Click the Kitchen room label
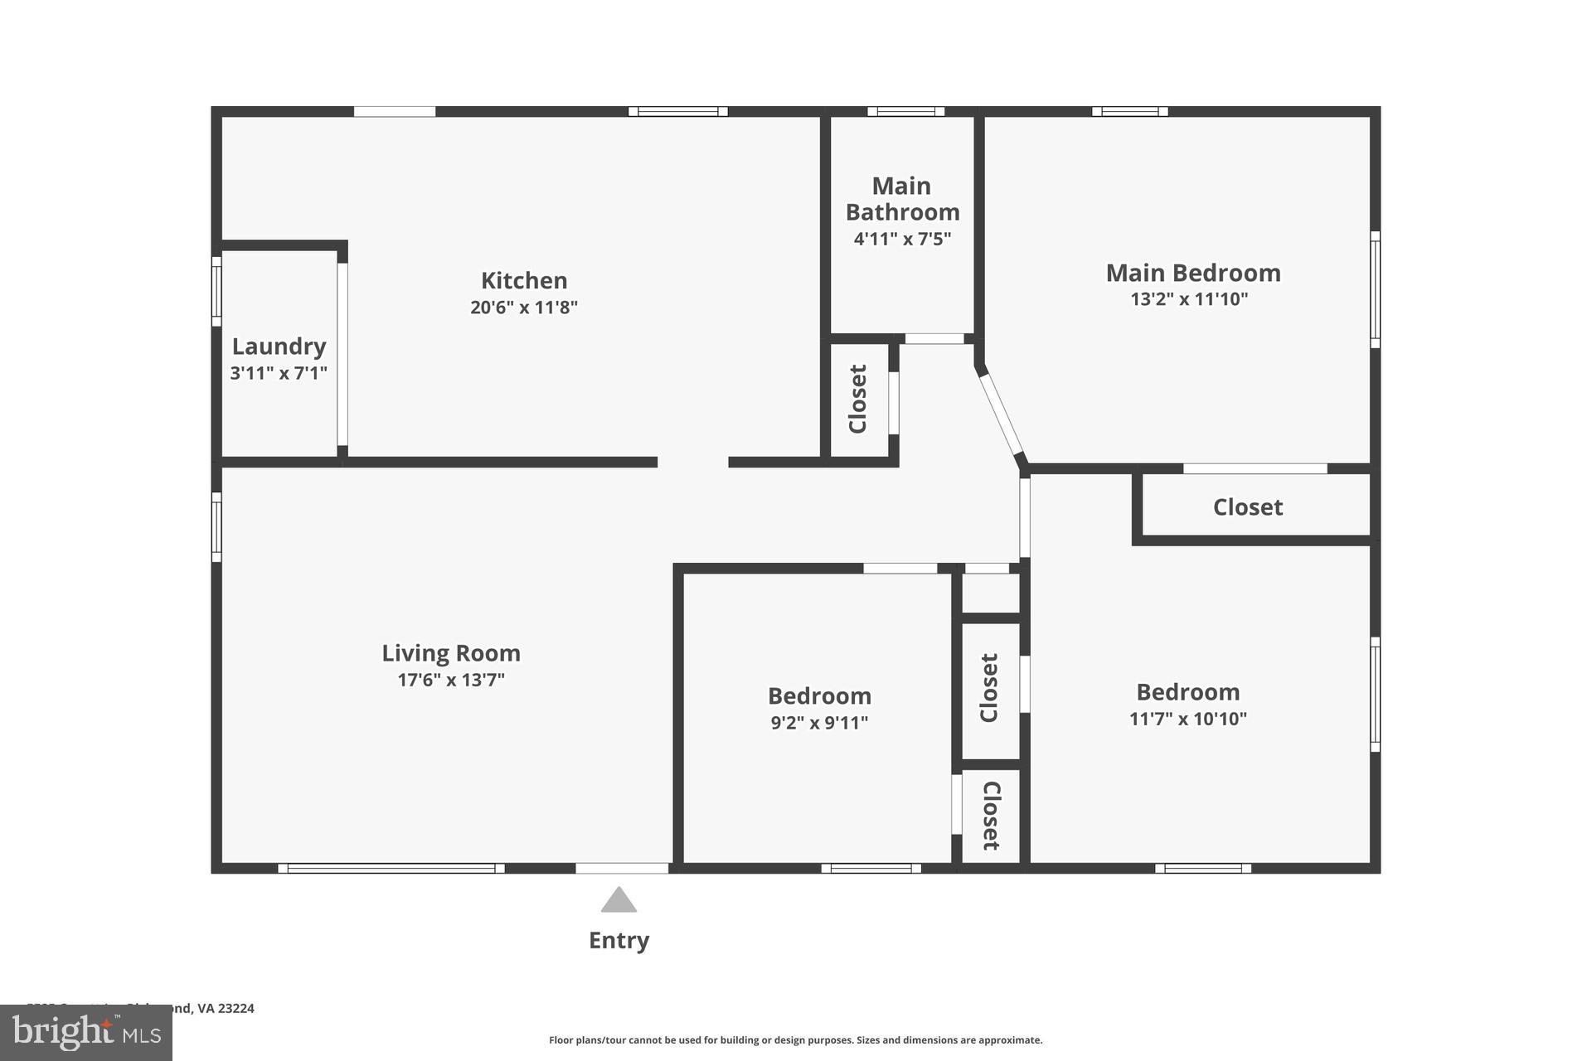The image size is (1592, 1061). (x=524, y=280)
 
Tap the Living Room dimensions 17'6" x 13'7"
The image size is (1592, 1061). (x=451, y=681)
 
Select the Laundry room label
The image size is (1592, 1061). (x=279, y=346)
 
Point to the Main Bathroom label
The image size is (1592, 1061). (x=902, y=199)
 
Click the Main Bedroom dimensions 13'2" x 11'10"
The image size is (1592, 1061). (x=1189, y=299)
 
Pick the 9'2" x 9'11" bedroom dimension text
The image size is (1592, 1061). (x=819, y=723)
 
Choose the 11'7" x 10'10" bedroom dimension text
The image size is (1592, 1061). (x=1187, y=719)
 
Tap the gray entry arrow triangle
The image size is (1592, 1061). (x=619, y=900)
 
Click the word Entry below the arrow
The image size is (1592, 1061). (x=619, y=940)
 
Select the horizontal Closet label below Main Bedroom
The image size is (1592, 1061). (x=1248, y=507)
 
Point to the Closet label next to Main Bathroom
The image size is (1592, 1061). (x=858, y=399)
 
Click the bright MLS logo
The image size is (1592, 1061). (x=86, y=1033)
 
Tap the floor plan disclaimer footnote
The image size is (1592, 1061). (x=795, y=1040)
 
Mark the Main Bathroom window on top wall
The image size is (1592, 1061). (x=905, y=112)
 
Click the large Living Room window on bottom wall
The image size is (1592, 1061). (x=391, y=868)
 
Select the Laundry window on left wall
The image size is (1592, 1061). (x=216, y=292)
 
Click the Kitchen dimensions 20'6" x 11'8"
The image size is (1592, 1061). (x=524, y=308)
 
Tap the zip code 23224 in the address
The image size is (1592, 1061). (x=236, y=1009)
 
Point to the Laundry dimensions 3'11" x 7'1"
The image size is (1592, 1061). (x=279, y=373)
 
